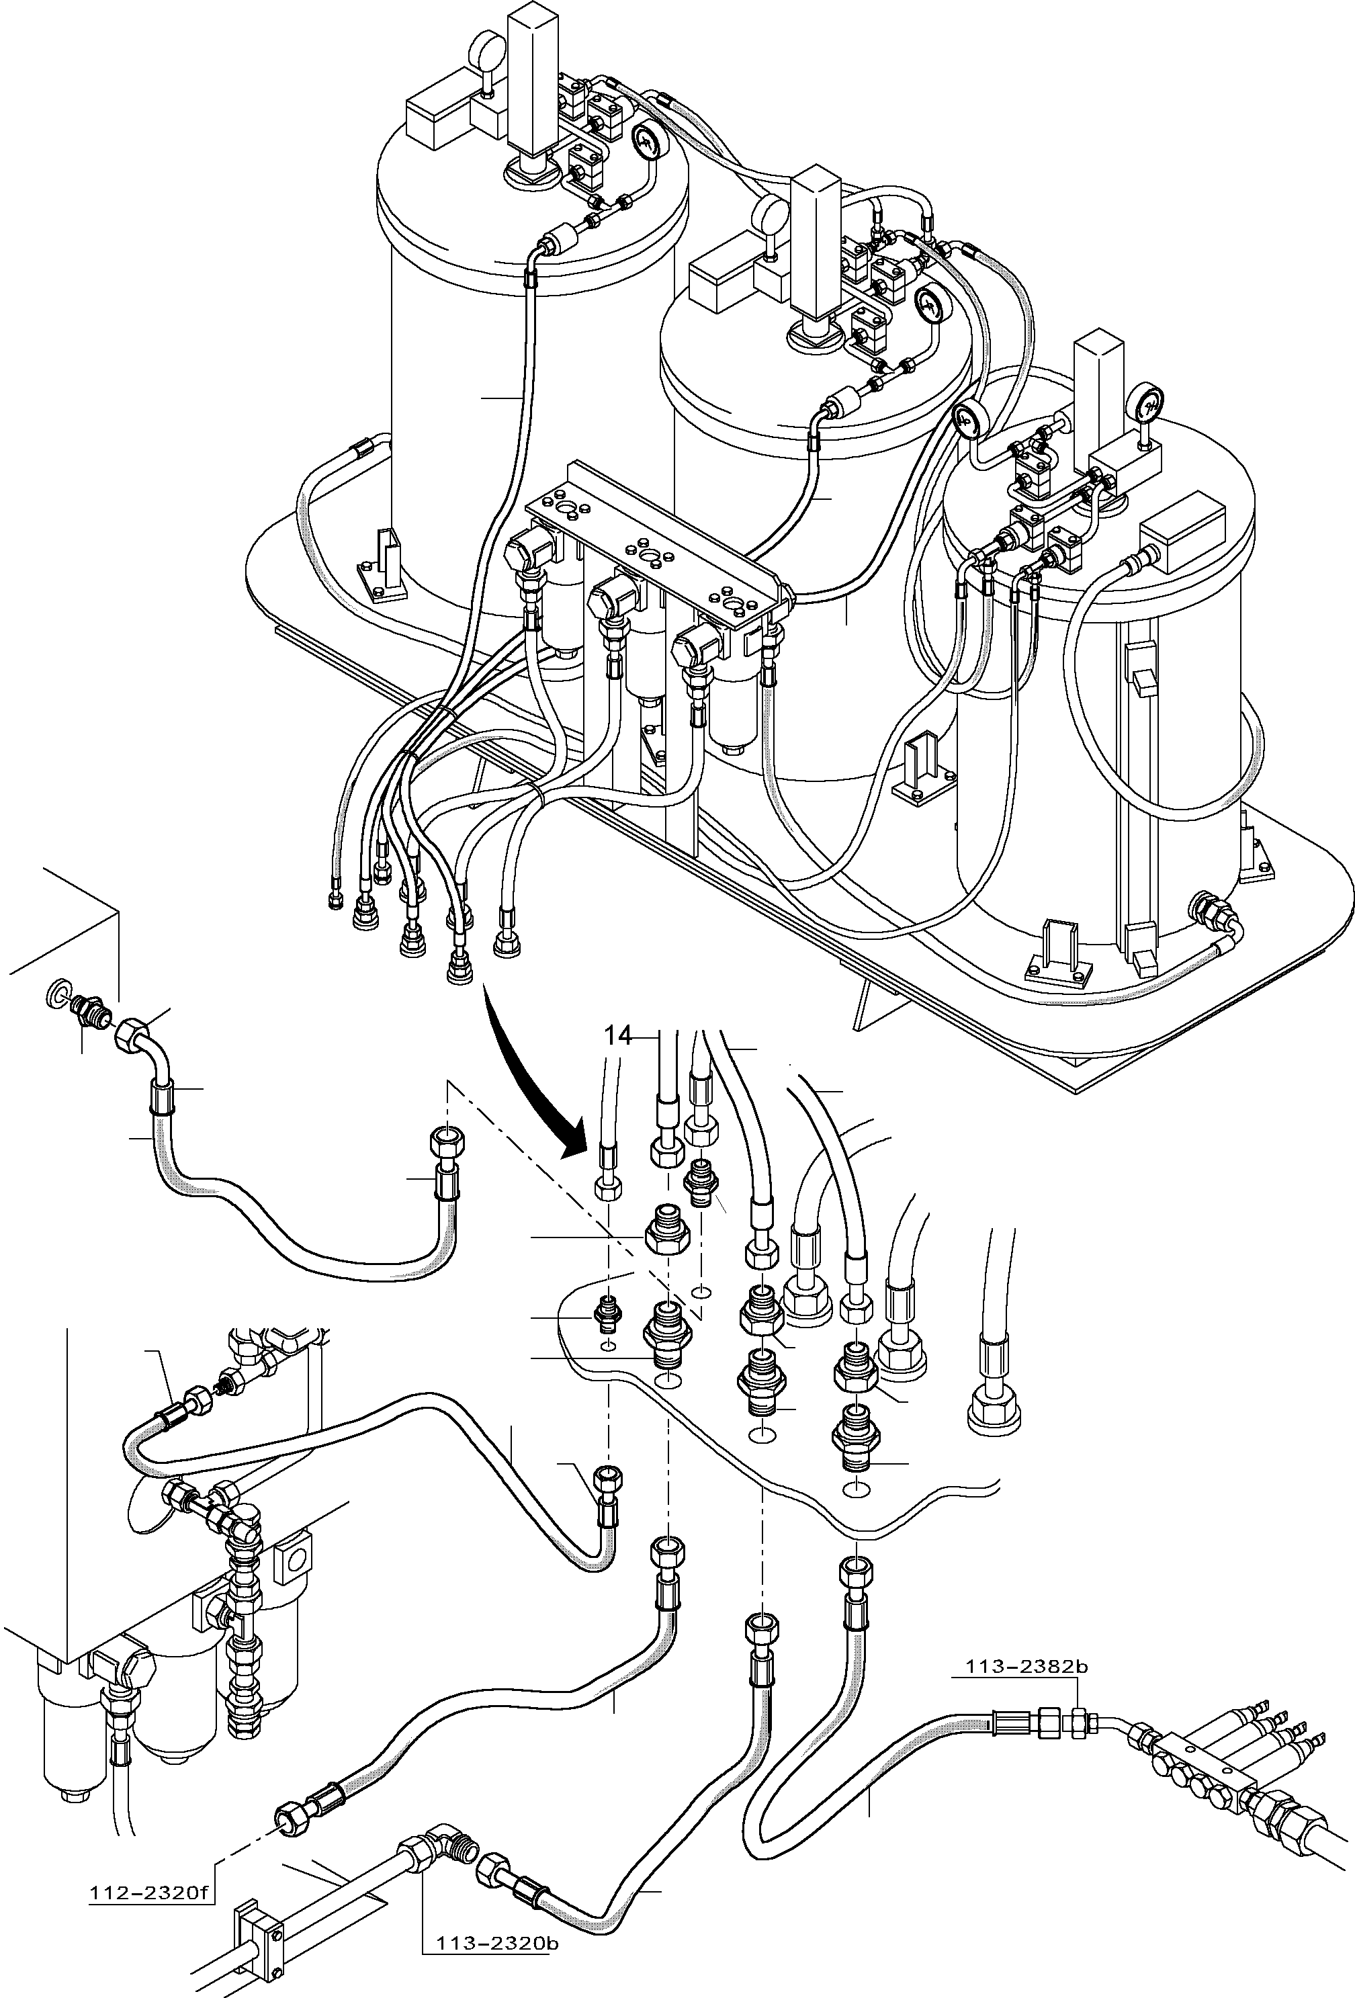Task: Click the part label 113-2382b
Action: [x=1026, y=1667]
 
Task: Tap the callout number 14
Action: [x=617, y=1036]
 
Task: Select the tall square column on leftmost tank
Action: [x=533, y=82]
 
